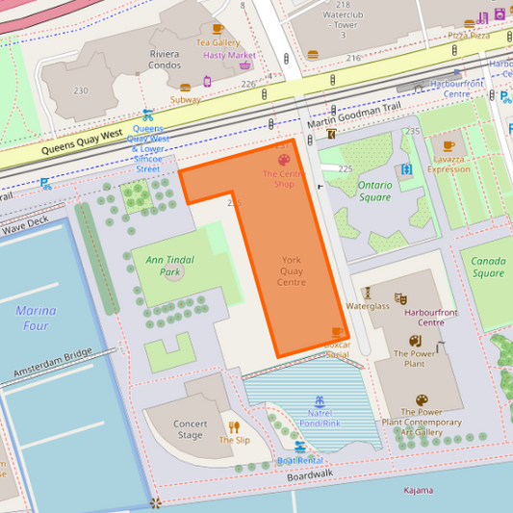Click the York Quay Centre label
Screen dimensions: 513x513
point(291,271)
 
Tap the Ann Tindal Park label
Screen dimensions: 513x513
point(163,266)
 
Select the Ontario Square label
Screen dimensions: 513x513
point(374,191)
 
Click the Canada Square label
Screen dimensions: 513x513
point(488,267)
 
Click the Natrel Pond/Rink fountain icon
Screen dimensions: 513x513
point(319,399)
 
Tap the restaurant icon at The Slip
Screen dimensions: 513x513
point(234,426)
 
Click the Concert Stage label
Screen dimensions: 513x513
point(190,429)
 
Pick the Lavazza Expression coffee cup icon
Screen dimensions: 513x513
point(449,147)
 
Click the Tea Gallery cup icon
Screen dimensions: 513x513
point(218,29)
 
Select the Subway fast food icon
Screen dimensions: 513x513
point(186,87)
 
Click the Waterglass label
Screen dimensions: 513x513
point(368,306)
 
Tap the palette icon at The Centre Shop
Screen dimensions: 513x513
point(284,160)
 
